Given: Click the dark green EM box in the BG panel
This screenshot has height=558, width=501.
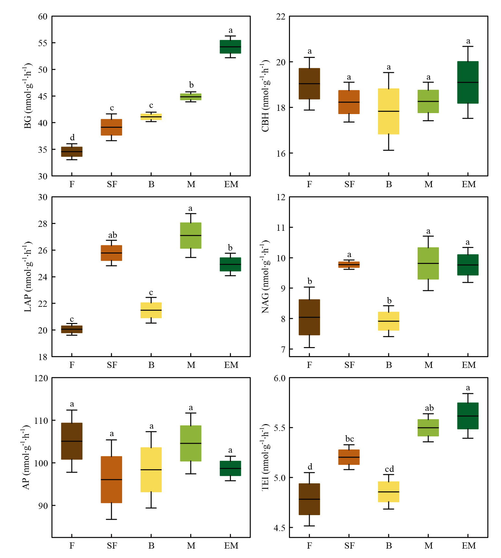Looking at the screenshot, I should point(230,46).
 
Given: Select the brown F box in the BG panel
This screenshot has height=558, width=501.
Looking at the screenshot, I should point(72,152).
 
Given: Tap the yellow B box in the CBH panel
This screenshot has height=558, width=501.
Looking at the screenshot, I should point(389,111).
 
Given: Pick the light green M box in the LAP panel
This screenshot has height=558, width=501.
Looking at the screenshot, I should point(191,235).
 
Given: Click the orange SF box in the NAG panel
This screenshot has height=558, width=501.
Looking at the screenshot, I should point(349,265).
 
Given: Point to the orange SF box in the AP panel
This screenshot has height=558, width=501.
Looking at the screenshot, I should point(111,479).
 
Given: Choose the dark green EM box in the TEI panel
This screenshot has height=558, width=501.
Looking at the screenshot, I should point(468,416).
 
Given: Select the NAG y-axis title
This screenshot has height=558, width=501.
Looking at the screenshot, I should point(266,277).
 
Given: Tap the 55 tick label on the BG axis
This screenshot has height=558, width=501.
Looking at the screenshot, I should point(43,43).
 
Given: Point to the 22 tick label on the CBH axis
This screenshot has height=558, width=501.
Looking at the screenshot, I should point(281,17).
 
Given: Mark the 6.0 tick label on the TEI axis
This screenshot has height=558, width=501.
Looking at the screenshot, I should point(280,378).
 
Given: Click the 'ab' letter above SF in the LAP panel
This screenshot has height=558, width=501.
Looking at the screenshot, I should point(112,235).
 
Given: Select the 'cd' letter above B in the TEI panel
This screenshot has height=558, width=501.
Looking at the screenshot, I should point(389,469).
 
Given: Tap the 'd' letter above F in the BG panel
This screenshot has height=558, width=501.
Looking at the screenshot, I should point(72,137).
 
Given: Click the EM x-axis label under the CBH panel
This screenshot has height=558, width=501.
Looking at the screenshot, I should point(469,185).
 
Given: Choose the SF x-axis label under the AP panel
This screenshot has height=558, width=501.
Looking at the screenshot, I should point(112,546).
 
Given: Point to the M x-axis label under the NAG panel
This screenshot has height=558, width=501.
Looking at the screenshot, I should point(429,365).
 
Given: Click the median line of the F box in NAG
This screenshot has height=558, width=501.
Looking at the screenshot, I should point(309,317).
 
